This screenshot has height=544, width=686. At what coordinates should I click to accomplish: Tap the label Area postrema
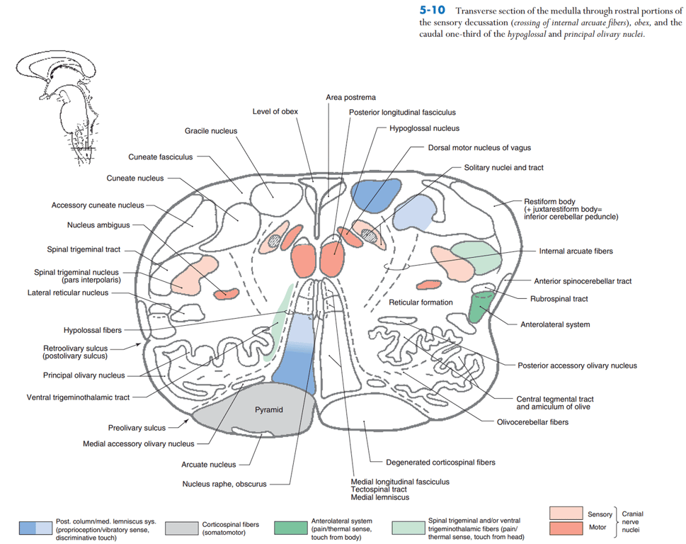coord(350,97)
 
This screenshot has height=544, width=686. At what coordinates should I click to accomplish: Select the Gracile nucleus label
coord(211,131)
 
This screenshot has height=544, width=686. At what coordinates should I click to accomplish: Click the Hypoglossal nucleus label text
coord(424,129)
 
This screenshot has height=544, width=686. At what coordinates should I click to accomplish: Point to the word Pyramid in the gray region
coord(269,410)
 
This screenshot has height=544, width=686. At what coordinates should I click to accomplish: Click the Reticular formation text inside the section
coord(421,302)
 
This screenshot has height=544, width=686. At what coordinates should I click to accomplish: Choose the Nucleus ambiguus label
coord(99,225)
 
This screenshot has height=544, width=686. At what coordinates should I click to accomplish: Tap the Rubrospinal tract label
coord(559,299)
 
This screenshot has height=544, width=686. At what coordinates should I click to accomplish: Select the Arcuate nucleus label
coord(209,465)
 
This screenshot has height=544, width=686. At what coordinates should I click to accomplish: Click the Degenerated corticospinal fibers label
coord(440,463)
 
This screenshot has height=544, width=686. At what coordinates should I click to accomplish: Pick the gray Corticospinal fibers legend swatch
coord(181,528)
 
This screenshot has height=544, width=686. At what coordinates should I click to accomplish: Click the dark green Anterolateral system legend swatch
coord(291,527)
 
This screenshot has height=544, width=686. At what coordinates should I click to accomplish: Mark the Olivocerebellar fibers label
coord(532,422)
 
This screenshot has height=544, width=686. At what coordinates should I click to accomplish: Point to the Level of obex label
coord(275,112)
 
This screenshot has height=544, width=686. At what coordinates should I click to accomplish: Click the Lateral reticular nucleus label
coord(68,293)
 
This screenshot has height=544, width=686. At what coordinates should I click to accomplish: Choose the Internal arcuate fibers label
coord(576,251)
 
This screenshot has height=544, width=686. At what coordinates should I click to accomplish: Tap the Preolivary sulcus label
coord(137,428)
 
